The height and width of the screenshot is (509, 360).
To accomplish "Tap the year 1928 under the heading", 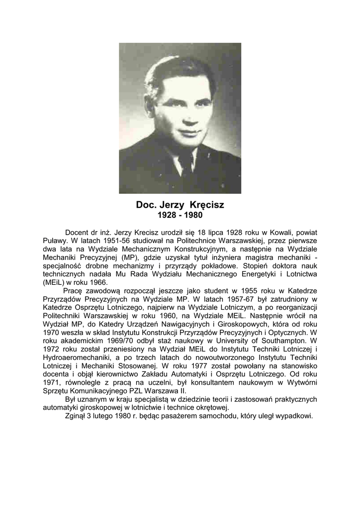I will pos(167,216).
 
